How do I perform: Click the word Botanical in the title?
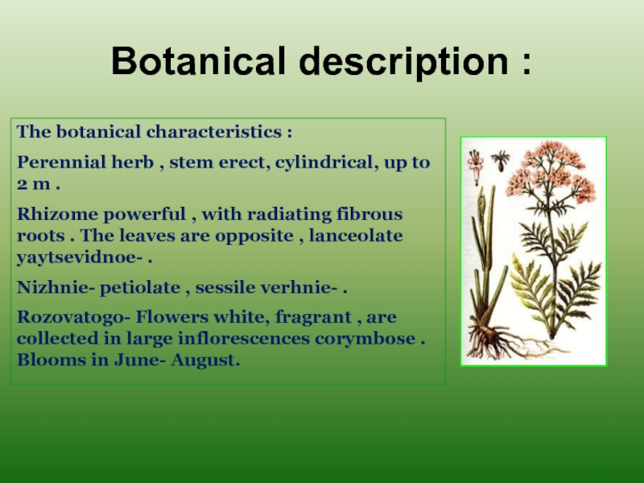198,61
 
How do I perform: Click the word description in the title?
404,63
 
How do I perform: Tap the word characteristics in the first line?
214,131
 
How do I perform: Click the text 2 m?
34,184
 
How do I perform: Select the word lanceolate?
356,235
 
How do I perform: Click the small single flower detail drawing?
476,167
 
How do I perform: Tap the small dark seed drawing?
500,161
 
